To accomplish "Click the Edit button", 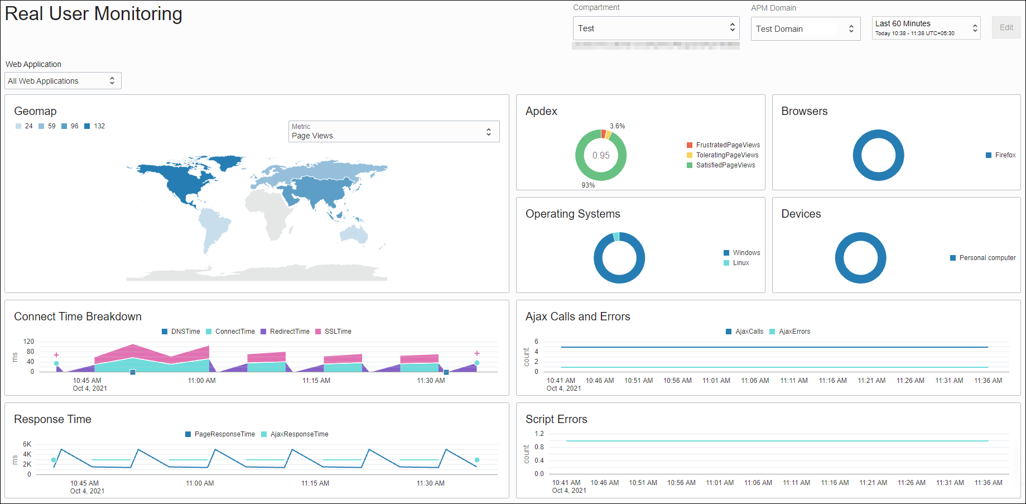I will pos(1006,27).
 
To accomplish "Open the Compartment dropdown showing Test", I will pos(656,28).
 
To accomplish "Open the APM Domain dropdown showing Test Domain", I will pos(805,28).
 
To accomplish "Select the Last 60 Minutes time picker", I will pos(926,28).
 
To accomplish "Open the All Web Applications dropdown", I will pos(63,81).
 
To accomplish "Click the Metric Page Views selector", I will pos(393,132).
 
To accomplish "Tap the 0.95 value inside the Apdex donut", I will pos(601,156).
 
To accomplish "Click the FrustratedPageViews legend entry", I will pos(728,145).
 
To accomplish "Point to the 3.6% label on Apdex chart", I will pos(617,126).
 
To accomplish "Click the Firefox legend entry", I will pos(1005,155).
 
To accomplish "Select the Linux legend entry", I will pos(740,263).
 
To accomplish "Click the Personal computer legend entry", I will pos(987,258).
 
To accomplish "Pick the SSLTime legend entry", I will pos(338,332).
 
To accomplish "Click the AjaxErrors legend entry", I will pos(794,332).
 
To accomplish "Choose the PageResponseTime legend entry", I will pos(224,434).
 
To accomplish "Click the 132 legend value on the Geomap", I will pos(99,126).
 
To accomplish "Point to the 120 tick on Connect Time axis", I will pos(28,342).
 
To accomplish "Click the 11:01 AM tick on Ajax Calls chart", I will pos(716,381).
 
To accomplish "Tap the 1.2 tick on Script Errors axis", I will pos(539,434).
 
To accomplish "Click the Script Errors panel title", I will pos(556,419).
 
